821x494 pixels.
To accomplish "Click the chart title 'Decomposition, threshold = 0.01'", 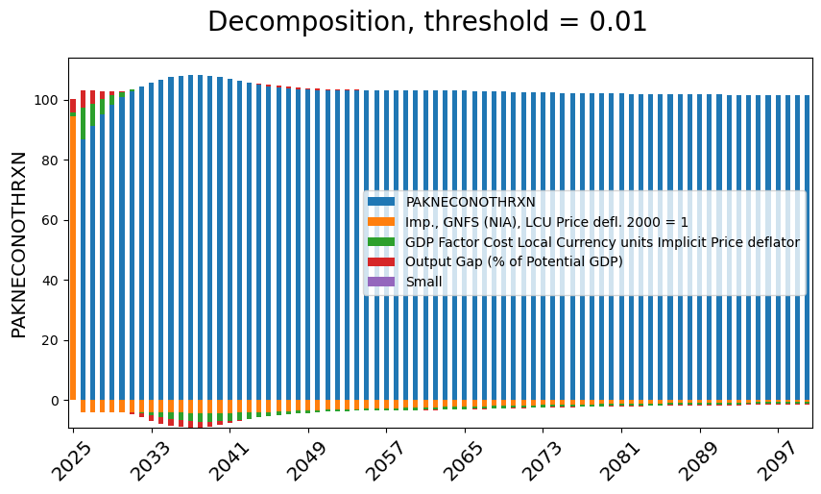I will (x=427, y=22).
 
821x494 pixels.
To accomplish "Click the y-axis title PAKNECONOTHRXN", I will (x=19, y=244).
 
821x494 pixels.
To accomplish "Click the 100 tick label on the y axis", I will (x=48, y=100).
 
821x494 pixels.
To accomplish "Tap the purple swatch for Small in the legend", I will (x=381, y=282).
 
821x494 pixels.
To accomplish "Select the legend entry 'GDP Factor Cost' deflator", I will (x=602, y=242).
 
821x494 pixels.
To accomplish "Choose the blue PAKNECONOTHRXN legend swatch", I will (x=381, y=202).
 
